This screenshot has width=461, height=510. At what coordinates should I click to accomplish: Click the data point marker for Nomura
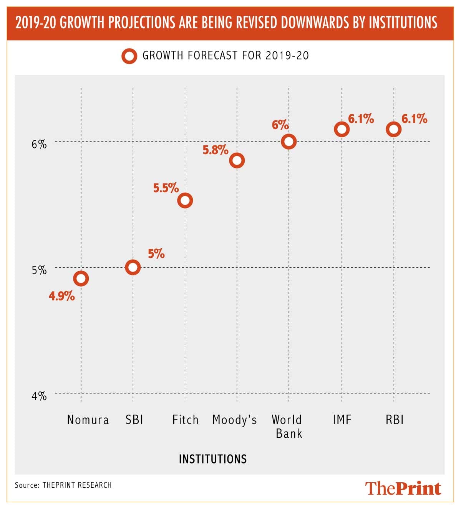click(81, 278)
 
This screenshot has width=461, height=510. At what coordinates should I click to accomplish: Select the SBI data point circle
click(133, 267)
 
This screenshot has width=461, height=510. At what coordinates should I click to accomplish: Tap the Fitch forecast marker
click(185, 200)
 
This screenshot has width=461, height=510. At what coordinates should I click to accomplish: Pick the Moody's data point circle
click(237, 160)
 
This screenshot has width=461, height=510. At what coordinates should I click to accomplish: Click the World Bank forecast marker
click(289, 142)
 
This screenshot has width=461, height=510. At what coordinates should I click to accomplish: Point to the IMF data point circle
click(342, 129)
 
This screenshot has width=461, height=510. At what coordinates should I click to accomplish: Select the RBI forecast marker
click(393, 129)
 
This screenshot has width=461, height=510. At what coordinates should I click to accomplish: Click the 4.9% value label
click(62, 296)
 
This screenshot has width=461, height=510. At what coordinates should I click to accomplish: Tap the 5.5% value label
click(166, 188)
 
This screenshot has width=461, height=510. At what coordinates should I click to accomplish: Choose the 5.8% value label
click(216, 150)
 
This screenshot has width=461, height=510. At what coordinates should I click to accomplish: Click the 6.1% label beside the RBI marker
click(415, 119)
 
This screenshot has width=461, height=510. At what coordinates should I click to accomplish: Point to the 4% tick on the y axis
click(39, 396)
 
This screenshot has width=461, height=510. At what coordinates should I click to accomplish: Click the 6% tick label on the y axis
click(39, 144)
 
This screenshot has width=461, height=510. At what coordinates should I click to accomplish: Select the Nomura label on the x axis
click(88, 420)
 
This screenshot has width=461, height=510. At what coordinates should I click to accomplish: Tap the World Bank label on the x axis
click(288, 427)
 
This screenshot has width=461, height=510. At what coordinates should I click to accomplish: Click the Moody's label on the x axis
click(234, 420)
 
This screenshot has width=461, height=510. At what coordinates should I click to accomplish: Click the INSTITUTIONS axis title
click(213, 459)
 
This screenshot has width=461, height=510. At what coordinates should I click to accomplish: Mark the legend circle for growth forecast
click(129, 56)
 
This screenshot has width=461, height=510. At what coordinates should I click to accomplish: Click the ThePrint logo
click(403, 488)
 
